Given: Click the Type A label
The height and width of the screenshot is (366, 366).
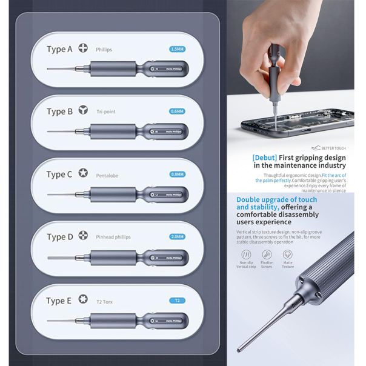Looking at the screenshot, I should click(59, 50).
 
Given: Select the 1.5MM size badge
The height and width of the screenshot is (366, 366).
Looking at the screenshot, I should click(177, 49).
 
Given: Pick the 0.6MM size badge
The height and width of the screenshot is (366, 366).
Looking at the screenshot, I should click(177, 111).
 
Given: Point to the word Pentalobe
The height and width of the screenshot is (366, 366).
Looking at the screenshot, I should click(109, 175).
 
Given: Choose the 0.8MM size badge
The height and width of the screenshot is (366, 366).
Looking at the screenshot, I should click(177, 175).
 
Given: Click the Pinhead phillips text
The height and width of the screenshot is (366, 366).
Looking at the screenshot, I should click(113, 237).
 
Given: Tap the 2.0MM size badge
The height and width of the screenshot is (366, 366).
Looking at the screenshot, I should click(177, 237).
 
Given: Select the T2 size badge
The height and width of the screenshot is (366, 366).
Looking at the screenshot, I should click(177, 300).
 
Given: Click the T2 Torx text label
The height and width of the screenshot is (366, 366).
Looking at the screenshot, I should click(105, 300).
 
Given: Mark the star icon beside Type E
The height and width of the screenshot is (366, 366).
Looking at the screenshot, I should click(83, 299).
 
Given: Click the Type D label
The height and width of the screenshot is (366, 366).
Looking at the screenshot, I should click(59, 237).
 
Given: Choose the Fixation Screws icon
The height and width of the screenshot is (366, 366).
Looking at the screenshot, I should click(267, 256).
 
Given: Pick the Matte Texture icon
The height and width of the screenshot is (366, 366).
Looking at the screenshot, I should click(287, 256).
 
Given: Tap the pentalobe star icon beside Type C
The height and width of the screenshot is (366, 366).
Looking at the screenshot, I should click(83, 175).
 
